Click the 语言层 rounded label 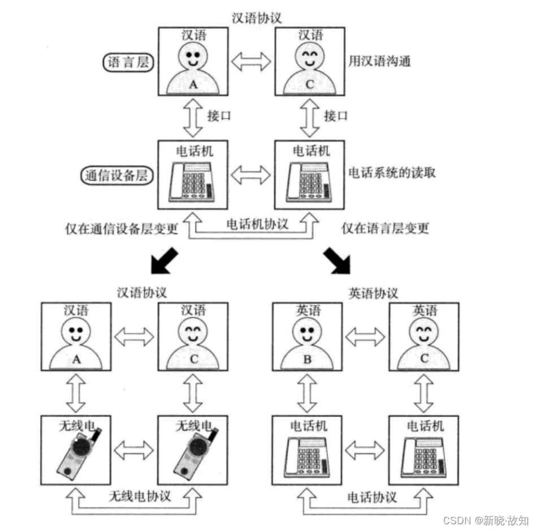coord(128,62)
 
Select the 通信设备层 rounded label coord(114,175)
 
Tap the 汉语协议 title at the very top coord(257,18)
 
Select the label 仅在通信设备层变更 coord(122,228)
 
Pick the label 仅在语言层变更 coord(385,228)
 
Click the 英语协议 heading coord(373,293)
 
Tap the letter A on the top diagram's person coord(194,85)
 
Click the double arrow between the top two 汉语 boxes coord(251,61)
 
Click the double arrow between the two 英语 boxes coord(365,337)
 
